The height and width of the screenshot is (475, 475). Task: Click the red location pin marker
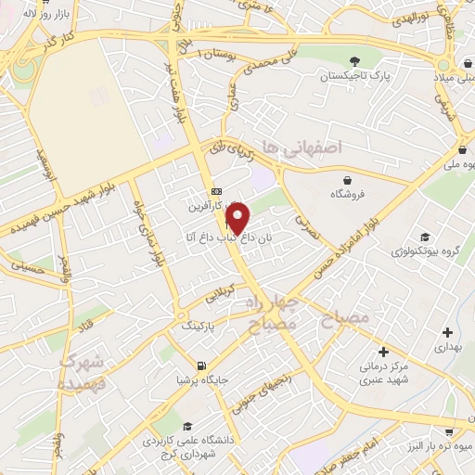click(238, 219)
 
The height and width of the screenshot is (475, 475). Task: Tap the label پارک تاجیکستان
click(353, 76)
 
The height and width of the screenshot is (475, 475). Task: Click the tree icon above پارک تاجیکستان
click(353, 61)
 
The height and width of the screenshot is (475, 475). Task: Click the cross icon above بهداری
click(448, 331)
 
